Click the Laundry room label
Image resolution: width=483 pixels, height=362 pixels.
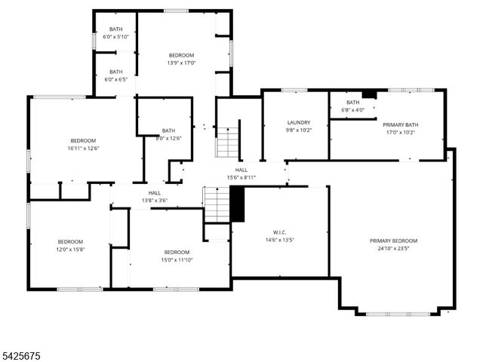click(x=299, y=122)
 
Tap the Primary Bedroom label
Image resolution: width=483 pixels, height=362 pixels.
click(x=393, y=241)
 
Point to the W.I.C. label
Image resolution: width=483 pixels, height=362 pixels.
click(x=279, y=232)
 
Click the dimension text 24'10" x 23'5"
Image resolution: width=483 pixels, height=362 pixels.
click(x=393, y=250)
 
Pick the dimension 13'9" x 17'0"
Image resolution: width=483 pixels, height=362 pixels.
click(x=181, y=63)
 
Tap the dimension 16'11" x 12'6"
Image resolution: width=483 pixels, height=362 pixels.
click(x=83, y=149)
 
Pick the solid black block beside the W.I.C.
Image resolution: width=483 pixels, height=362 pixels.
click(x=238, y=204)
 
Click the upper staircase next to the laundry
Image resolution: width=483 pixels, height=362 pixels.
click(x=227, y=141)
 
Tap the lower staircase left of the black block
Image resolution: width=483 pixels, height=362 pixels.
click(x=216, y=204)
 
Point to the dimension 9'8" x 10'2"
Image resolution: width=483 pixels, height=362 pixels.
click(x=299, y=130)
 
